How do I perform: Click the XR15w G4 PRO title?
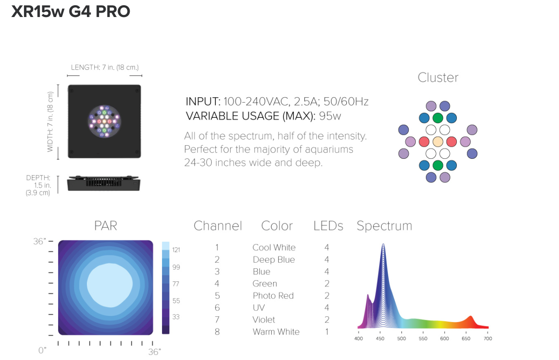71,11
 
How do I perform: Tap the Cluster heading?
438,78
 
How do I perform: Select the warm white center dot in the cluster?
438,142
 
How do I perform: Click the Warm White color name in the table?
276,332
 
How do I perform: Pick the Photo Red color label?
273,295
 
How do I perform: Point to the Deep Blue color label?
274,260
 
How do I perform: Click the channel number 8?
217,332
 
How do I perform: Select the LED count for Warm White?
327,332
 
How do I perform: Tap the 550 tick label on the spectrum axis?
423,338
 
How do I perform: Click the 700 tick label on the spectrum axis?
488,338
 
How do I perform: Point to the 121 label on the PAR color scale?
176,250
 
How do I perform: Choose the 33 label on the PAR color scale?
176,317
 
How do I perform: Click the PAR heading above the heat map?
106,226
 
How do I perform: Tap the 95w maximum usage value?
330,116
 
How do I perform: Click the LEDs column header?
328,226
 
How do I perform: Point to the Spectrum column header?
384,226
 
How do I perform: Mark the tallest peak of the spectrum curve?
383,244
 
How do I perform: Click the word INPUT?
203,102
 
